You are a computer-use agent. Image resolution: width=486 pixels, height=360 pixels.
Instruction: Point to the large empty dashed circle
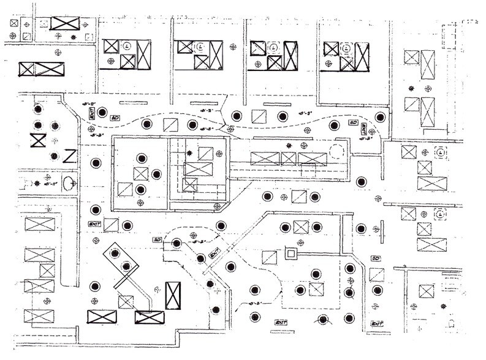[338, 151]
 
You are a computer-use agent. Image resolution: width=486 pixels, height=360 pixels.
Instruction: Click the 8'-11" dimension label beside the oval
[53, 183]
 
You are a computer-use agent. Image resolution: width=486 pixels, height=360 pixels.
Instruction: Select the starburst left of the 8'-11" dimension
[37, 183]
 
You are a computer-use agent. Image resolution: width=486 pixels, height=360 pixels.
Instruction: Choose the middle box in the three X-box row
[288, 159]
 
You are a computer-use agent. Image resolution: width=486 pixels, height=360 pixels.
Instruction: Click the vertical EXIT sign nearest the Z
[91, 114]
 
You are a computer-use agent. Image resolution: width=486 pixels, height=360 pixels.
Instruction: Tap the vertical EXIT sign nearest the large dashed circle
[364, 130]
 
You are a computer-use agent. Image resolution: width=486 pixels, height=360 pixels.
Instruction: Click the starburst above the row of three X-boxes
[289, 146]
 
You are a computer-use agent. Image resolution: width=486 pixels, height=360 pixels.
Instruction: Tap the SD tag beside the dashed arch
[157, 239]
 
